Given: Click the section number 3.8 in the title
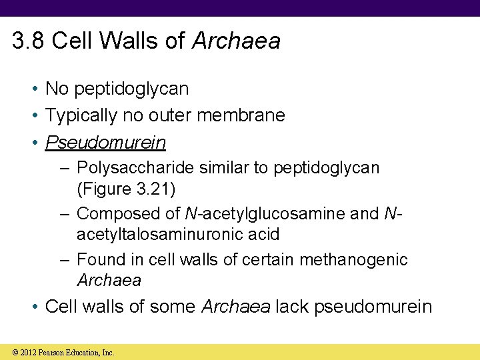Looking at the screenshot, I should (x=28, y=41).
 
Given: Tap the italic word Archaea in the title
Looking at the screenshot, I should (x=236, y=41).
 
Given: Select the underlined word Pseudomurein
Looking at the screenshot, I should (x=105, y=143).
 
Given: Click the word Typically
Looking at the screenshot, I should (x=80, y=115).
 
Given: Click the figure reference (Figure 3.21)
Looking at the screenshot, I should (x=127, y=189).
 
